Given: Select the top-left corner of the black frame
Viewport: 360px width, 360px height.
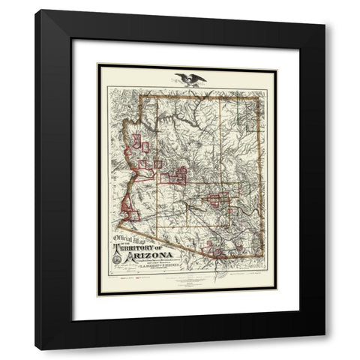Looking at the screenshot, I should pyautogui.click(x=36, y=10).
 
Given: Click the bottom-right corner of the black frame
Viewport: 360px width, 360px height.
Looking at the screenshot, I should pyautogui.click(x=324, y=349).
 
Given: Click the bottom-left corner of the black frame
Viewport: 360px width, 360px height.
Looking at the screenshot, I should pyautogui.click(x=36, y=349).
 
